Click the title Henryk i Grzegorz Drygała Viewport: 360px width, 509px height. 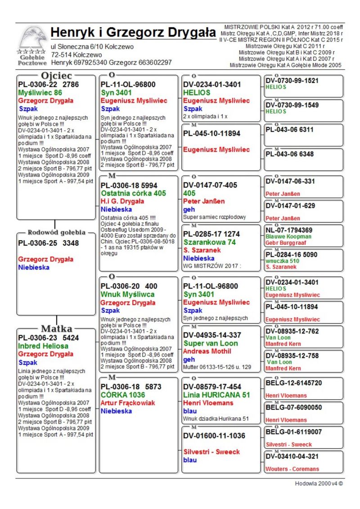pyautogui.click(x=133, y=32)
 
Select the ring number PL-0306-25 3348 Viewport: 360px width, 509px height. pyautogui.click(x=49, y=243)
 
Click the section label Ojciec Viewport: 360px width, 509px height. pyautogui.click(x=57, y=76)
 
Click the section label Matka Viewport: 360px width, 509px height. pyautogui.click(x=57, y=329)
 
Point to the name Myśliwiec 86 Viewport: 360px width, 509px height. pyautogui.click(x=40, y=93)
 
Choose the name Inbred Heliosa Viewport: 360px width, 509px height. pyautogui.click(x=43, y=346)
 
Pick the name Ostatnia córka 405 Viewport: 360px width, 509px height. pyautogui.click(x=133, y=193)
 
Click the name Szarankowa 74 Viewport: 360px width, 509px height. pyautogui.click(x=210, y=242)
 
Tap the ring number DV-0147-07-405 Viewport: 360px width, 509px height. pyautogui.click(x=212, y=185)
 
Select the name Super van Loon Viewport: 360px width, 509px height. pyautogui.click(x=211, y=343)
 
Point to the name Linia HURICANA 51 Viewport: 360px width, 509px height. pyautogui.click(x=216, y=395)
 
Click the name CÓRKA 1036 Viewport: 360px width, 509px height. pyautogui.click(x=121, y=395)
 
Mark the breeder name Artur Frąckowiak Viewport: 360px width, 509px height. pyautogui.click(x=127, y=403)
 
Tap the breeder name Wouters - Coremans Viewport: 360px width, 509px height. pyautogui.click(x=292, y=469)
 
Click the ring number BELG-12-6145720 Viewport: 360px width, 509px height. pyautogui.click(x=294, y=383)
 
